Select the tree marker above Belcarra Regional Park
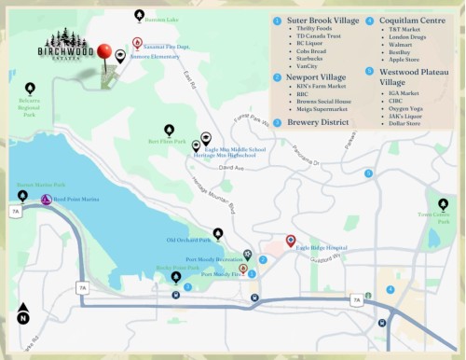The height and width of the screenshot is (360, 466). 29,90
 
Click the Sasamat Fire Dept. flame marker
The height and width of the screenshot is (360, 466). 137,44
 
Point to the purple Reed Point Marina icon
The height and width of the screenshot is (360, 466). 46,199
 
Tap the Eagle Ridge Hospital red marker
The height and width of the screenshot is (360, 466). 290,241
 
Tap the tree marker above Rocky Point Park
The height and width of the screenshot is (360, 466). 176,277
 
